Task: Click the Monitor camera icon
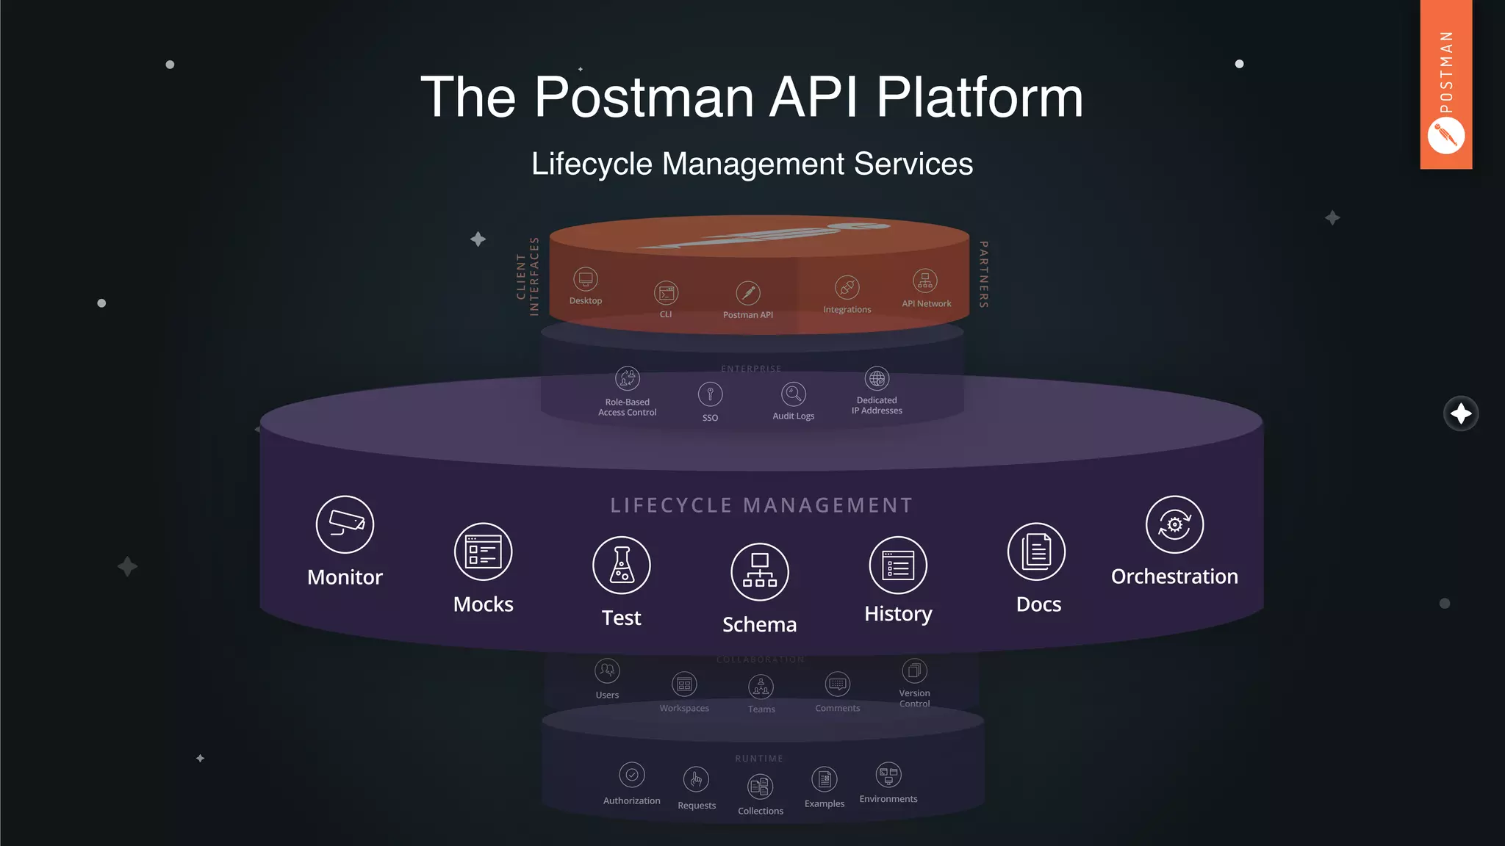click(345, 524)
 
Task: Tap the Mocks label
click(483, 604)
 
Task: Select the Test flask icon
click(622, 565)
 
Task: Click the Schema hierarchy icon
click(760, 572)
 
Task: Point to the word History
click(898, 614)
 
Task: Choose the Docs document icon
click(1036, 552)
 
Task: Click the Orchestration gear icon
click(1174, 524)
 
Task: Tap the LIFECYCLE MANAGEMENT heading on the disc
click(761, 505)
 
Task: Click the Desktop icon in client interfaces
click(586, 279)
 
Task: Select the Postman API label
click(747, 315)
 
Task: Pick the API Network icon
click(925, 281)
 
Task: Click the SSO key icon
click(710, 394)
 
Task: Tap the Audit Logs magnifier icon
click(794, 394)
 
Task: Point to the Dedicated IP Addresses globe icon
click(877, 378)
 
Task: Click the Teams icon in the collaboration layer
click(761, 687)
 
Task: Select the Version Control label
click(914, 698)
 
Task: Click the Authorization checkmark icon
click(632, 775)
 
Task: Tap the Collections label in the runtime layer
click(761, 811)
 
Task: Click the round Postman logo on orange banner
click(1445, 137)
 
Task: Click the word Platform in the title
click(980, 97)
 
